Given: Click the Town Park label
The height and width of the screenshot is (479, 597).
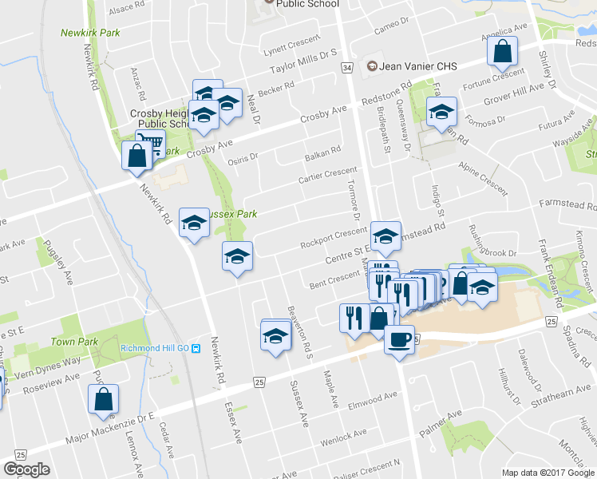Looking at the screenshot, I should [74, 342].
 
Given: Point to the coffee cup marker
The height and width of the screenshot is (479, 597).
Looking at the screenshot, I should [398, 339].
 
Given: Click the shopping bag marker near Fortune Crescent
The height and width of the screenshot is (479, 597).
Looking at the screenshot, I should [503, 53].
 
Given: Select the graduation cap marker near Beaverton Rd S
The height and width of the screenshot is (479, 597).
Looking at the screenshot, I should [276, 334].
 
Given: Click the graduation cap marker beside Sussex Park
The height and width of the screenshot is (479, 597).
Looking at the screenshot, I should [194, 224].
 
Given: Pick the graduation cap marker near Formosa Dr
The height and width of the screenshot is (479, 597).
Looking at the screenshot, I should [440, 113].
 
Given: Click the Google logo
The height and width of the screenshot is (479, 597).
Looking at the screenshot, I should [26, 469].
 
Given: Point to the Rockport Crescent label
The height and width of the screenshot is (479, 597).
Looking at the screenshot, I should [333, 238].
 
